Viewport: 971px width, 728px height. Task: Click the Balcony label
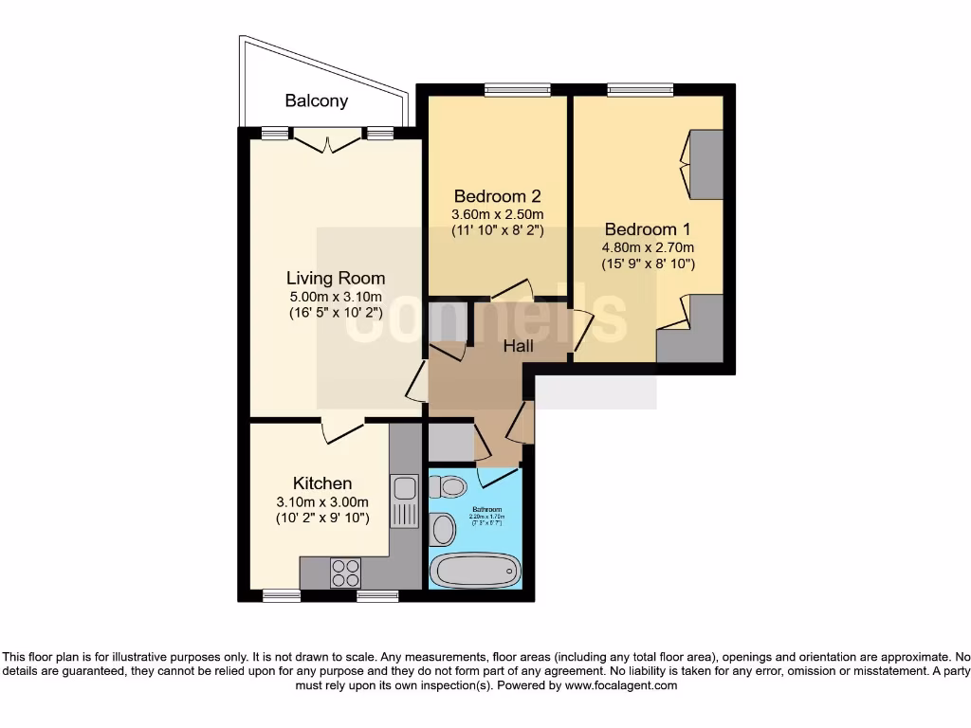pyautogui.click(x=317, y=100)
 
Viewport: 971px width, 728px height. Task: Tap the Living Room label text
pyautogui.click(x=336, y=278)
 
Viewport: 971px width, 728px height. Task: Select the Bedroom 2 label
pyautogui.click(x=497, y=196)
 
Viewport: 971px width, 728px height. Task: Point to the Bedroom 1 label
pyautogui.click(x=648, y=228)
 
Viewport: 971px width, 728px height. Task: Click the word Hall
pyautogui.click(x=518, y=346)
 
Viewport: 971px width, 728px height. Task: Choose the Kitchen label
pyautogui.click(x=322, y=483)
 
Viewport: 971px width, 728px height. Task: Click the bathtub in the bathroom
pyautogui.click(x=475, y=571)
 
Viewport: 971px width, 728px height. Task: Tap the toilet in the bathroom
pyautogui.click(x=448, y=487)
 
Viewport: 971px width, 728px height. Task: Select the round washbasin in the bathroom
pyautogui.click(x=442, y=529)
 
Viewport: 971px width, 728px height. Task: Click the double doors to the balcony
pyautogui.click(x=327, y=141)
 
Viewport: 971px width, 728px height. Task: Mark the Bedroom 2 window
pyautogui.click(x=517, y=91)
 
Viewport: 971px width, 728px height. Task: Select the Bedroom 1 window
pyautogui.click(x=640, y=91)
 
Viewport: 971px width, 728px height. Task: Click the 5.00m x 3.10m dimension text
pyautogui.click(x=336, y=296)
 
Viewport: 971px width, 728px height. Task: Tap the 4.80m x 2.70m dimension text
pyautogui.click(x=648, y=247)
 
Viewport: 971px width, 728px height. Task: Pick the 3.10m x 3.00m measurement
pyautogui.click(x=322, y=501)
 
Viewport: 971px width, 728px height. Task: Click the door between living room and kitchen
pyautogui.click(x=341, y=429)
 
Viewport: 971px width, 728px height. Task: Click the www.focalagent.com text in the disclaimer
pyautogui.click(x=621, y=685)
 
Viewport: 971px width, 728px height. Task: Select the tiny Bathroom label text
pyautogui.click(x=488, y=509)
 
